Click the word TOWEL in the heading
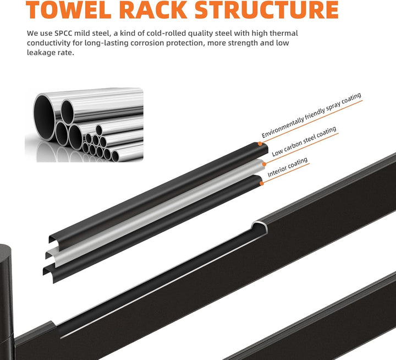tap(68, 9)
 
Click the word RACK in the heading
tap(153, 9)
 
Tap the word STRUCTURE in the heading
tap(266, 9)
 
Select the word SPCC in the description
tap(63, 34)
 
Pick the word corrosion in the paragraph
tap(147, 43)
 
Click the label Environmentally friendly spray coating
tap(311, 115)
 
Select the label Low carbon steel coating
tap(304, 141)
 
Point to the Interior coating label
tap(288, 167)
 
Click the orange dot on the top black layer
tap(260, 144)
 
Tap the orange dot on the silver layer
tap(264, 164)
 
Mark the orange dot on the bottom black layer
tap(262, 183)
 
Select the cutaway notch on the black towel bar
tap(260, 226)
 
